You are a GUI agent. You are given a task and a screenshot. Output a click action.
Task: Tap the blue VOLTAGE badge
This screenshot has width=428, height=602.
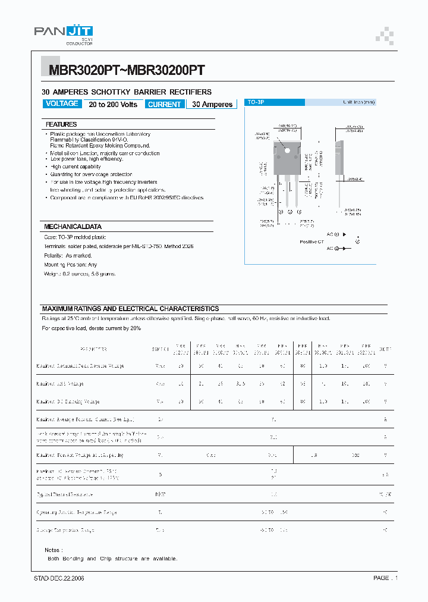click(62, 104)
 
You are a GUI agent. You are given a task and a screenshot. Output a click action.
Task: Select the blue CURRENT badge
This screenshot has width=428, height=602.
click(164, 104)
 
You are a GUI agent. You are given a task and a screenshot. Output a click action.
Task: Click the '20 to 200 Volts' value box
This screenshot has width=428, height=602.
click(113, 104)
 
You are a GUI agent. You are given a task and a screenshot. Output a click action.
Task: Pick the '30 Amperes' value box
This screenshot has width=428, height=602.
click(212, 104)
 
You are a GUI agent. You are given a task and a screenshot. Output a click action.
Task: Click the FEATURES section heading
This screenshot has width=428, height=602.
click(62, 124)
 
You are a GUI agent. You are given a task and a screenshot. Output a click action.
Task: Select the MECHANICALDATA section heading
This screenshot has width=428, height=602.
click(73, 227)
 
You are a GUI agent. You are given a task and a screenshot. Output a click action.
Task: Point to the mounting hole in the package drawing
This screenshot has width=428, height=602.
click(285, 143)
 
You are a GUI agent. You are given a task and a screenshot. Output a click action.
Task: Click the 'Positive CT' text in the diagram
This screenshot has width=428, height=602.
click(311, 242)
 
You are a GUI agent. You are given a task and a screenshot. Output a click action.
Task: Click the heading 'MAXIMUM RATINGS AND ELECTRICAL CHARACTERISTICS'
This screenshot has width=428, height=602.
click(130, 309)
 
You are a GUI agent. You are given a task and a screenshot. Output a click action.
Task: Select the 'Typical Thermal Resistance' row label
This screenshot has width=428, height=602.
click(65, 494)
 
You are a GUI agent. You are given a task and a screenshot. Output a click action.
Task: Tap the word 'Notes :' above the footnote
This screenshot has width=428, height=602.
click(53, 550)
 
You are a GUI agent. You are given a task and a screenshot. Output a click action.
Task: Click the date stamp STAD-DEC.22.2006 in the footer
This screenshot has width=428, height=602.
click(59, 578)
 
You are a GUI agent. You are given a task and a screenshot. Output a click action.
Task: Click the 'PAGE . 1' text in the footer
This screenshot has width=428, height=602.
click(385, 578)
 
